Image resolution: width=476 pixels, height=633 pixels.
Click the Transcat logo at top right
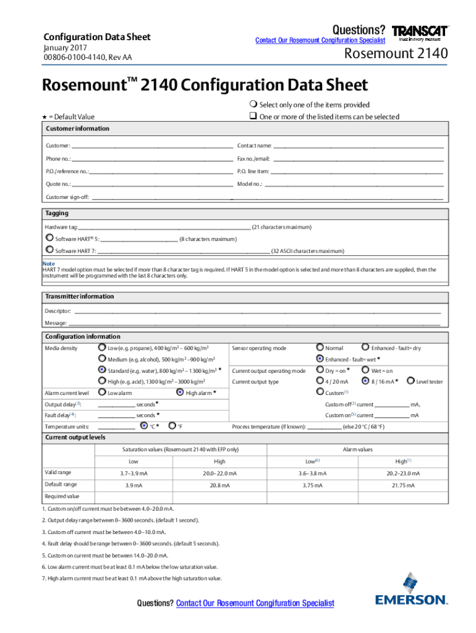pyautogui.click(x=420, y=32)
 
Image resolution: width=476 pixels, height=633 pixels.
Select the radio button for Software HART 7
pyautogui.click(x=49, y=250)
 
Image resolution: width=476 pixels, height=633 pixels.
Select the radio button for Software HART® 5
pyautogui.click(x=49, y=237)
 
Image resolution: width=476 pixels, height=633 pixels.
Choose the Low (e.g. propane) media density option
pyautogui.click(x=102, y=347)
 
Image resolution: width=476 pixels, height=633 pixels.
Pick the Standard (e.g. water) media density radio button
pyautogui.click(x=102, y=370)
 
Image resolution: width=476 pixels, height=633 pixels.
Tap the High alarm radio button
pyautogui.click(x=180, y=392)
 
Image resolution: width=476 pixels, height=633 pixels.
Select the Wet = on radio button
pyautogui.click(x=365, y=370)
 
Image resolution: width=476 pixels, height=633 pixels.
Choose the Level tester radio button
pyautogui.click(x=410, y=381)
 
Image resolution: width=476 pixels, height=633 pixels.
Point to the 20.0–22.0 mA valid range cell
pyautogui.click(x=219, y=473)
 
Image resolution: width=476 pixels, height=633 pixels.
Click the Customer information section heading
pyautogui.click(x=77, y=129)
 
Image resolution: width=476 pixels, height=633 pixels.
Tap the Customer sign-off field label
pyautogui.click(x=67, y=197)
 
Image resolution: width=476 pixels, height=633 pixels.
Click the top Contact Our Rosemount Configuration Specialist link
pyautogui.click(x=320, y=40)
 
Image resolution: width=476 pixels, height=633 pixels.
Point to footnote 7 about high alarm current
pyautogui.click(x=132, y=579)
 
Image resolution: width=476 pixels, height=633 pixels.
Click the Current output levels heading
pyautogui.click(x=75, y=437)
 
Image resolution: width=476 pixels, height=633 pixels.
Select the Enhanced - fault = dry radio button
pyautogui.click(x=365, y=347)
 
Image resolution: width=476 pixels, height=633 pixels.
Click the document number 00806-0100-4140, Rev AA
pyautogui.click(x=87, y=58)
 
